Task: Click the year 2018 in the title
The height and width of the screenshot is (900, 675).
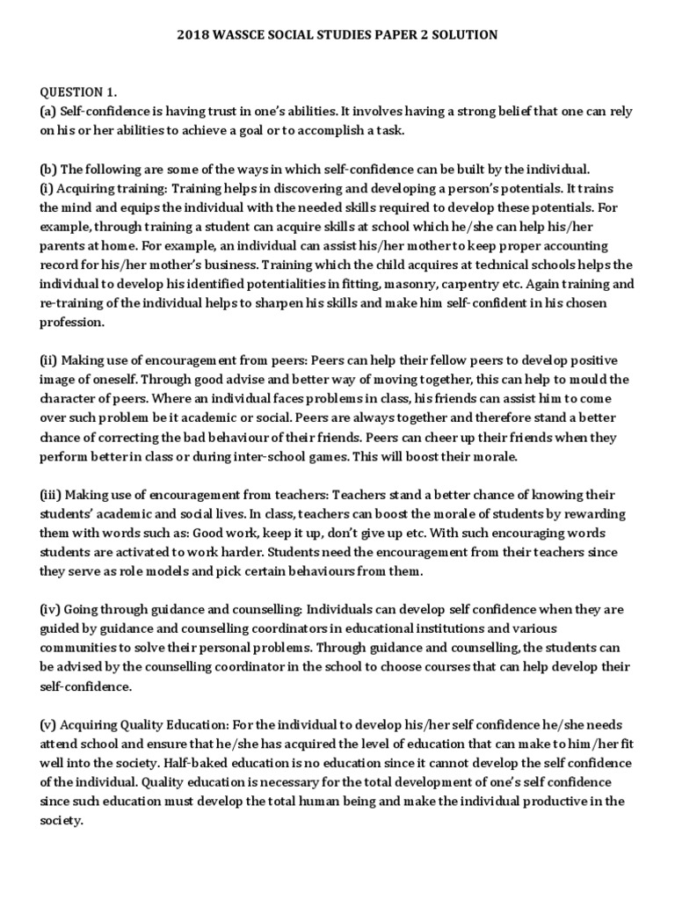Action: click(x=192, y=35)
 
